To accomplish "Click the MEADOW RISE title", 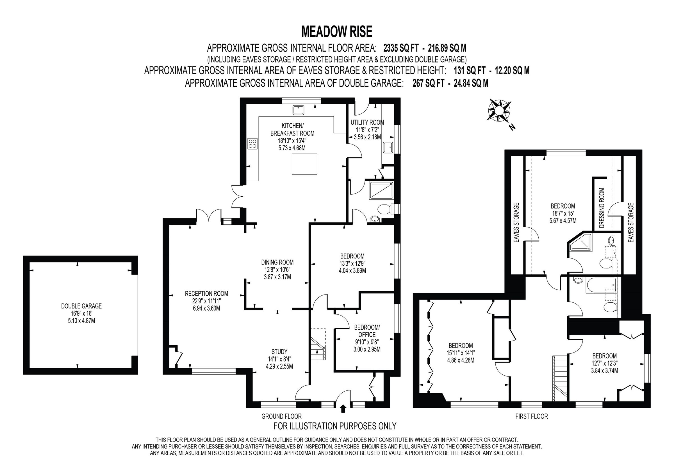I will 337,32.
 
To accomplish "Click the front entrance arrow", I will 343,409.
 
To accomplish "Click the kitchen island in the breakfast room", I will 304,164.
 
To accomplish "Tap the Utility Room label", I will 367,123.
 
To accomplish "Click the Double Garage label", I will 81,306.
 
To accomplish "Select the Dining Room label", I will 277,263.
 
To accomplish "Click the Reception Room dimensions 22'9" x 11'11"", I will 206,301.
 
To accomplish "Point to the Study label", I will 279,352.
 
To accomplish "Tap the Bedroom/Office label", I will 367,331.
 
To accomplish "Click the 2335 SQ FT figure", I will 397,48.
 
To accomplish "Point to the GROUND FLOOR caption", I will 281,416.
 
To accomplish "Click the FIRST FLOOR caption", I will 531,416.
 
